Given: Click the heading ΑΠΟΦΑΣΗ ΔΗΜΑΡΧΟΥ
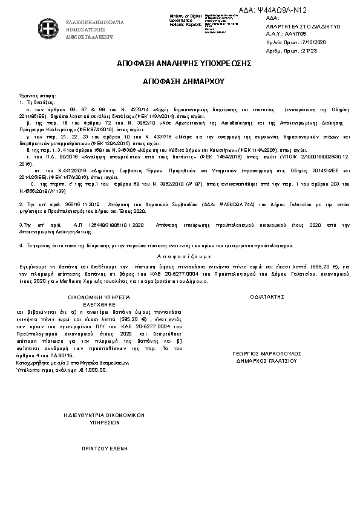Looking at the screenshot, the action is point(180,80).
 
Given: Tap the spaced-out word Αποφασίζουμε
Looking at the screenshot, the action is point(179,256).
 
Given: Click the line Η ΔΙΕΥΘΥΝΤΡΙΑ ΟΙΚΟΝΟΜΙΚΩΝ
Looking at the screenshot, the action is point(105,416).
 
